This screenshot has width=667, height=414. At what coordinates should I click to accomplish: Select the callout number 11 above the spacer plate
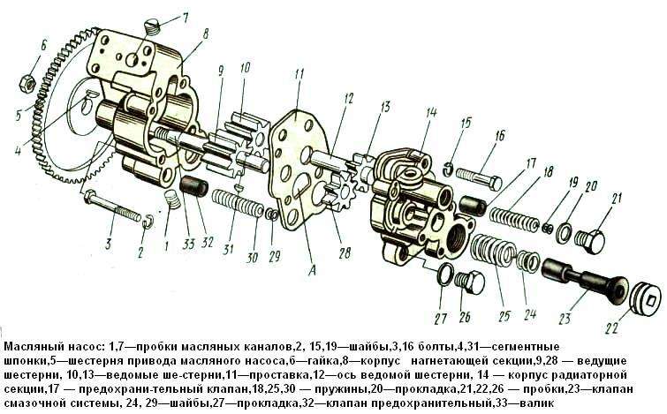299,73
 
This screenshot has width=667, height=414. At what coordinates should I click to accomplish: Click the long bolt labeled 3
113,209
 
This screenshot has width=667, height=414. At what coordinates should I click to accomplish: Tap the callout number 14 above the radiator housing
430,112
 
